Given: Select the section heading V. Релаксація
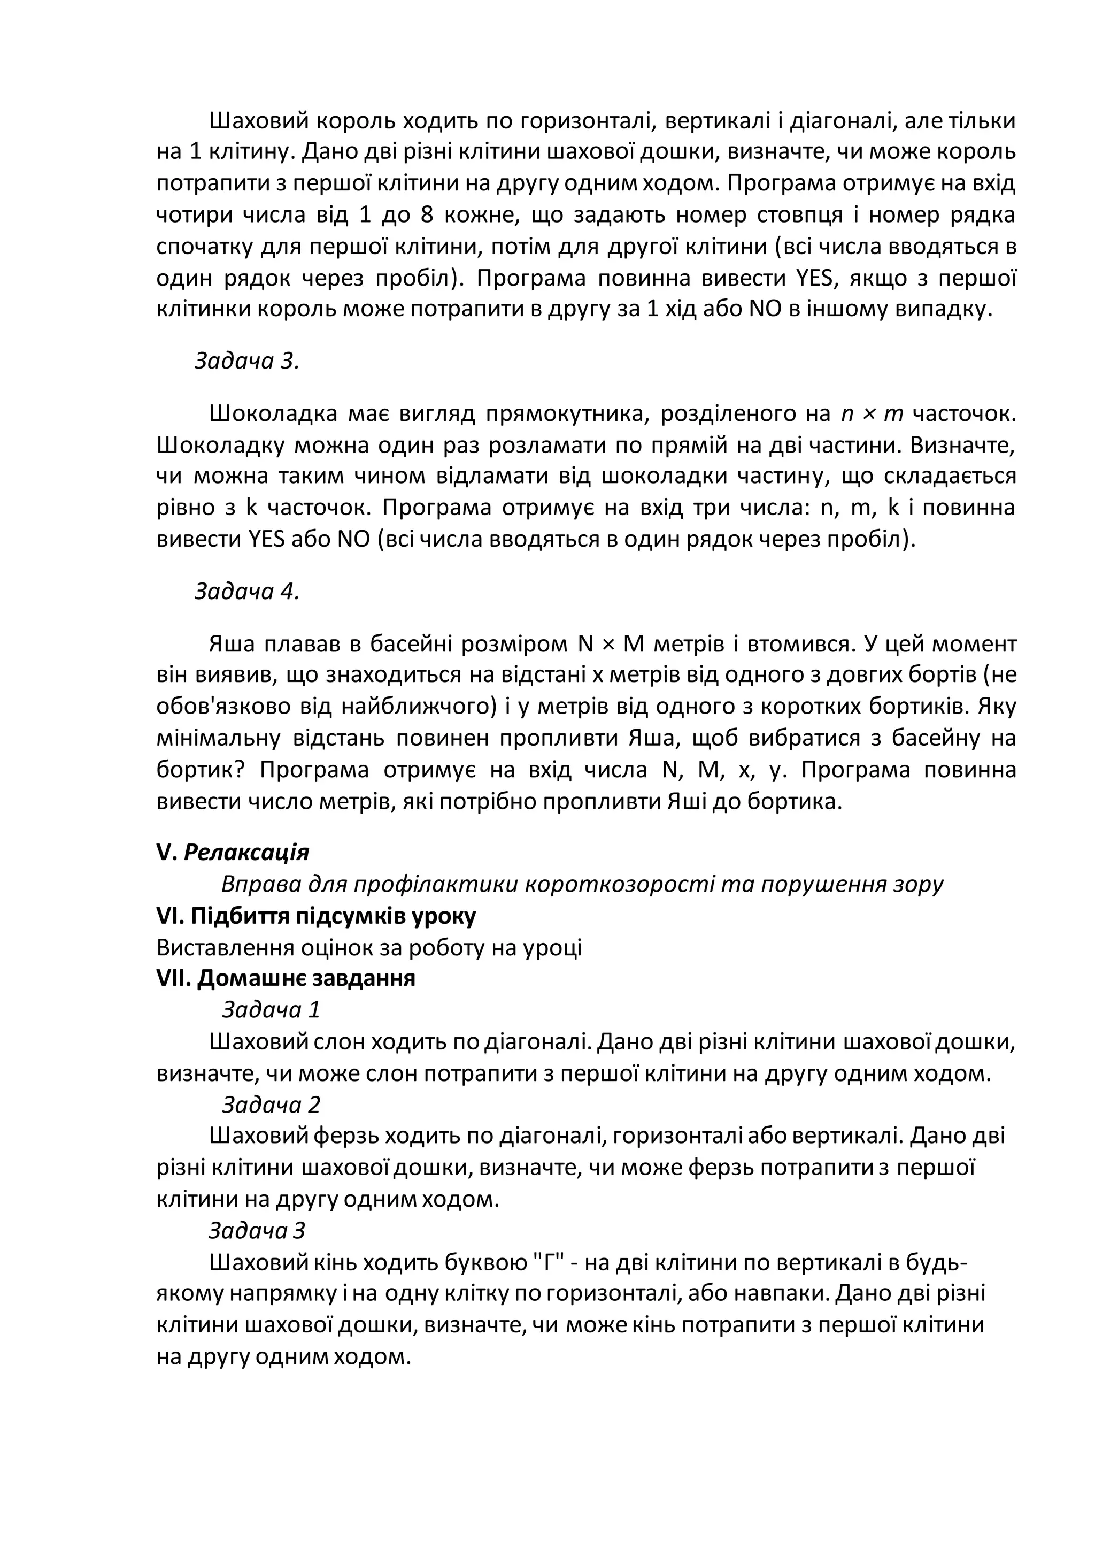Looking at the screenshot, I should click(233, 852).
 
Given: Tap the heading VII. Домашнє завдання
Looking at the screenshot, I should click(286, 978).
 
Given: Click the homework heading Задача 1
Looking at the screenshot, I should click(271, 1009).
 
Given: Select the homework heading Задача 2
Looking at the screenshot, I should click(271, 1105).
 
